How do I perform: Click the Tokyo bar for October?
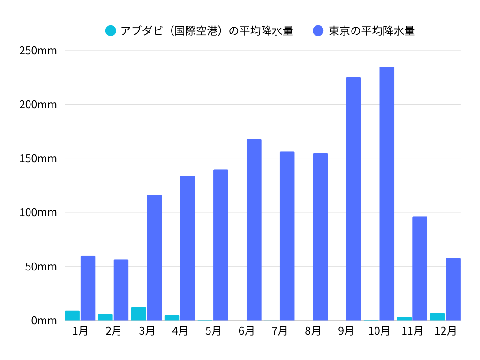pos(387,194)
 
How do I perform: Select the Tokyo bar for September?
pos(353,199)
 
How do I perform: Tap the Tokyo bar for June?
pos(254,230)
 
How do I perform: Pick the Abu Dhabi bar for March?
pos(139,314)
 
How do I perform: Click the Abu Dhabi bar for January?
pos(72,315)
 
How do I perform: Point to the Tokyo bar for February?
pos(121,290)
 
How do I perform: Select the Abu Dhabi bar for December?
pos(437,316)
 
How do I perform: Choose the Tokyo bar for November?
pos(420,268)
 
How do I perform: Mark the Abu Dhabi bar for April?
pos(172,318)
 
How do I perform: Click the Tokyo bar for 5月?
pos(221,245)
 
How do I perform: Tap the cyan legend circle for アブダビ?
pos(111,31)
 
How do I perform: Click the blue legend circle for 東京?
pos(318,31)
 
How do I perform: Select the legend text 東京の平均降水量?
pos(371,31)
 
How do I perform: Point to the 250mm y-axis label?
pos(38,50)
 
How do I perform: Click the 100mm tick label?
pos(38,212)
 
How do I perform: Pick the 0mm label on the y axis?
pos(44,321)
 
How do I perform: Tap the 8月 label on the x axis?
pos(313,331)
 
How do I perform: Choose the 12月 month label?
pos(445,331)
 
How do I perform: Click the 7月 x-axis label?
pos(279,331)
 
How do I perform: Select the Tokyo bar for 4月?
pos(187,248)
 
